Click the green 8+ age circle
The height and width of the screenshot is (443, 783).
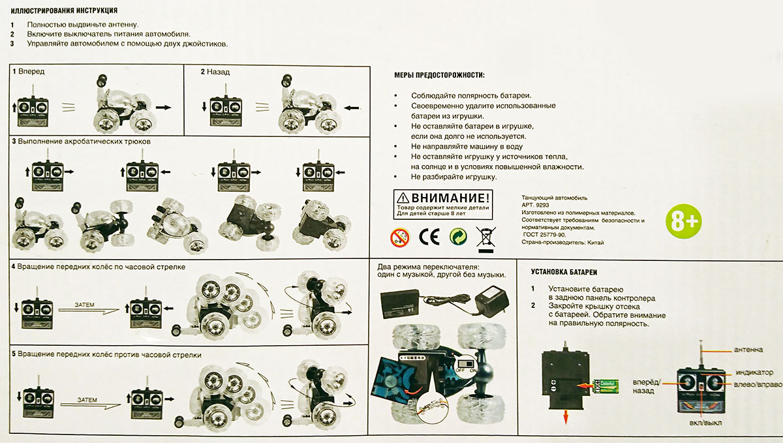click(x=683, y=222)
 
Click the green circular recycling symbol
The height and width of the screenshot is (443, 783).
click(x=457, y=236)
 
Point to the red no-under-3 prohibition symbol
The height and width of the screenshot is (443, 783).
click(x=400, y=236)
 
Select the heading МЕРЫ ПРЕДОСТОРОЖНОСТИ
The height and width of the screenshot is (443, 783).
click(x=439, y=76)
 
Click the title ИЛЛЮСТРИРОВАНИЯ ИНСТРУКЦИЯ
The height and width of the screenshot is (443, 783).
click(x=64, y=11)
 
